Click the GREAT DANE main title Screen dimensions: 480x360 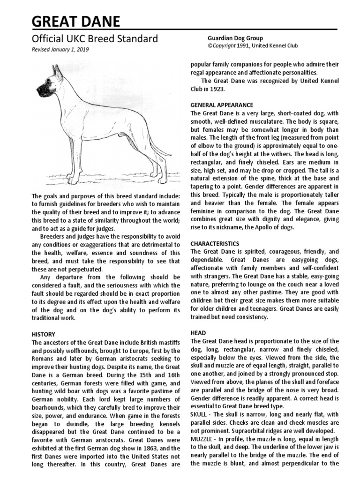76,21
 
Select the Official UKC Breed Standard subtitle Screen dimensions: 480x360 95,39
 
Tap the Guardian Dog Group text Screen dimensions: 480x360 235,38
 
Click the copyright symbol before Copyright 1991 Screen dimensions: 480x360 210,46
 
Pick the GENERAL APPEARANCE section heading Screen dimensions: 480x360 222,105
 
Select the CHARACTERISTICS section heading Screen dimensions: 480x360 215,244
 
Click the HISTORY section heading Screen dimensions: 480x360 43,335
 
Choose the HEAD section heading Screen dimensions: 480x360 198,332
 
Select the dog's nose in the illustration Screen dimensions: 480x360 38,91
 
